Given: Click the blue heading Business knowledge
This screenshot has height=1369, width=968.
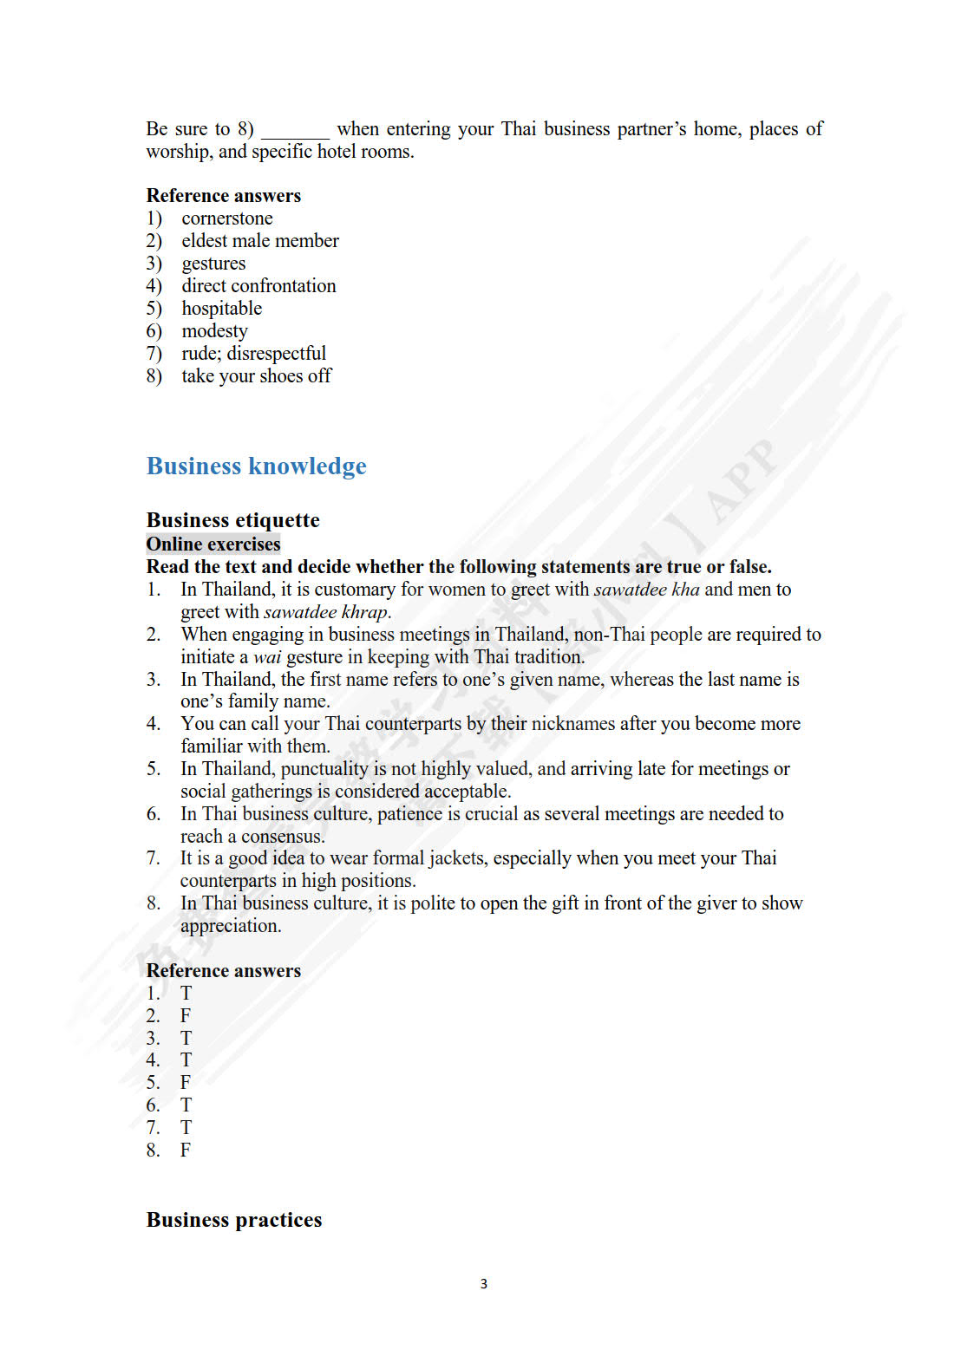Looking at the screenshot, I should pyautogui.click(x=256, y=466).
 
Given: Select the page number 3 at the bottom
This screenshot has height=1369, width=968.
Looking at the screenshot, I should pyautogui.click(x=484, y=1284).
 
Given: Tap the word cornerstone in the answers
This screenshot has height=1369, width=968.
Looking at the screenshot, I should pyautogui.click(x=227, y=218).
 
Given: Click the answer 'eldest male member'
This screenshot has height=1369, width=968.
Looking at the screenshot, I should pyautogui.click(x=260, y=241).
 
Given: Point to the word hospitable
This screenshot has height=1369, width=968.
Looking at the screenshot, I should pyautogui.click(x=221, y=309).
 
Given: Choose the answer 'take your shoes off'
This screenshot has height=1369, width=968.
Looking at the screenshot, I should pyautogui.click(x=256, y=376).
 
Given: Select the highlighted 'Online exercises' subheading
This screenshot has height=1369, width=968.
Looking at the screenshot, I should pyautogui.click(x=213, y=544).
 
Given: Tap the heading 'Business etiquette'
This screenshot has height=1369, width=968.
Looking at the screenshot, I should pyautogui.click(x=232, y=520).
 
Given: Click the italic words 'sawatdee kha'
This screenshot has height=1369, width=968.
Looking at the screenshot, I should pyautogui.click(x=646, y=590).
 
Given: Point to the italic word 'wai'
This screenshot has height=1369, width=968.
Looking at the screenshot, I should pyautogui.click(x=267, y=657).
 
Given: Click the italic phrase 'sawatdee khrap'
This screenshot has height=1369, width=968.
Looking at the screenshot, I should pyautogui.click(x=326, y=612).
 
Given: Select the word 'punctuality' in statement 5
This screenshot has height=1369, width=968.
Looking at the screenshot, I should pyautogui.click(x=324, y=769).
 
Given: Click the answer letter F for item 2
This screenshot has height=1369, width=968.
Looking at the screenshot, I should pyautogui.click(x=186, y=1016).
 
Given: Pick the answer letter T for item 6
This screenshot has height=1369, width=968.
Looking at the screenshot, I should pyautogui.click(x=186, y=1105).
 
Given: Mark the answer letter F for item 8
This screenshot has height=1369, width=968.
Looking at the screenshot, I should pyautogui.click(x=186, y=1151).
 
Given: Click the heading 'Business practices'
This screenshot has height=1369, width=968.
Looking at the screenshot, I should pyautogui.click(x=234, y=1220).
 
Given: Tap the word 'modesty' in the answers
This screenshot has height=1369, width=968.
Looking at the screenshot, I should pyautogui.click(x=214, y=331).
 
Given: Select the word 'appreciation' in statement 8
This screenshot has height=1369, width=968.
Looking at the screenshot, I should pyautogui.click(x=230, y=926).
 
